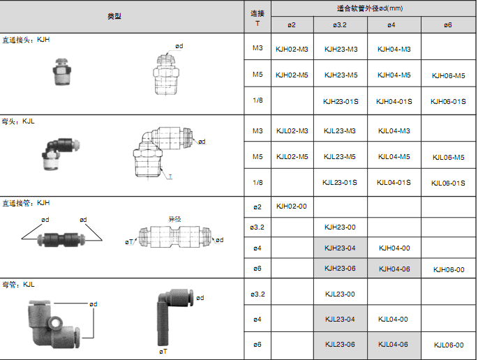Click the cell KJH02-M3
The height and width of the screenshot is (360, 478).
(x=292, y=49)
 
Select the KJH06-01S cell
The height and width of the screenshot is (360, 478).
(x=448, y=101)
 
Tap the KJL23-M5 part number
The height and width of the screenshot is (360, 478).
(x=340, y=157)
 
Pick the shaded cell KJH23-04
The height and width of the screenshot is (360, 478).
(x=341, y=248)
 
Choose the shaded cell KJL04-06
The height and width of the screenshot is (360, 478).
(x=394, y=345)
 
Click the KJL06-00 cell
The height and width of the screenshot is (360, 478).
(x=449, y=345)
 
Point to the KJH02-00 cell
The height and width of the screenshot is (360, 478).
(x=292, y=207)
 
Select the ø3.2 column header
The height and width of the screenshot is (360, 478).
(x=340, y=25)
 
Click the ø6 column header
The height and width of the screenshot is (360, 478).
(x=448, y=25)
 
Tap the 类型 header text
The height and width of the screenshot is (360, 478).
(x=114, y=16)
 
